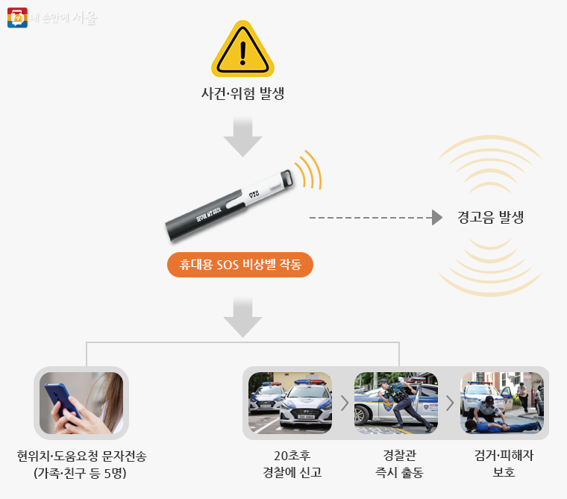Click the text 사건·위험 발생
click(242, 95)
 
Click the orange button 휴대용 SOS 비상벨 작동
click(240, 265)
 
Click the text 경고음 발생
click(490, 218)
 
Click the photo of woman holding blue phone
click(81, 403)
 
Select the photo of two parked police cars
click(290, 403)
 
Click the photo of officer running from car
click(395, 403)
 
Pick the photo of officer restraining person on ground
click(501, 403)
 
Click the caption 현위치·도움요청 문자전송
click(81, 456)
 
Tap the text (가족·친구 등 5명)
click(81, 473)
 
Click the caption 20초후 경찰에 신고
click(291, 464)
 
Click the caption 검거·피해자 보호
click(501, 464)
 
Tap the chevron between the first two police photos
click(344, 404)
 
